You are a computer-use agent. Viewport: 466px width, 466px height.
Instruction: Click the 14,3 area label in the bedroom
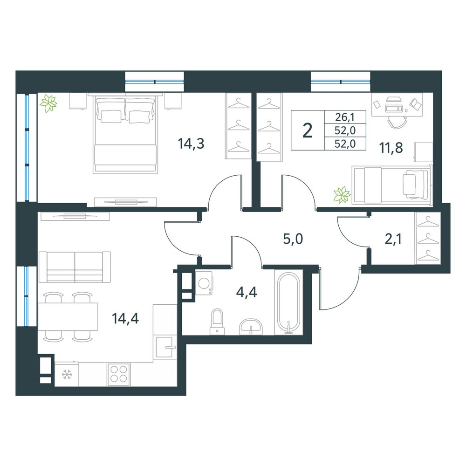click(x=191, y=144)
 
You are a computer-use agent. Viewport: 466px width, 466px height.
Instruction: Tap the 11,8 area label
click(x=391, y=147)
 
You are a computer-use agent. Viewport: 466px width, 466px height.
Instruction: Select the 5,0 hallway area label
click(x=293, y=239)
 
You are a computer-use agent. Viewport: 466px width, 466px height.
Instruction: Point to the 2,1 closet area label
click(x=393, y=239)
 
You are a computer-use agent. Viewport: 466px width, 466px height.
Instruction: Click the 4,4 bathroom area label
click(x=247, y=292)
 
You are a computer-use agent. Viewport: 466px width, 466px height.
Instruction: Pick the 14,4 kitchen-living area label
click(x=125, y=319)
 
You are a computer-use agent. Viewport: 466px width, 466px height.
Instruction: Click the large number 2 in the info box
click(x=308, y=130)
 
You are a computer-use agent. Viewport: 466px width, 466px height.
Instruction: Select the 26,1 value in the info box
click(x=345, y=117)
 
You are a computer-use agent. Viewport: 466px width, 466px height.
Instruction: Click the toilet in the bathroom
click(x=217, y=322)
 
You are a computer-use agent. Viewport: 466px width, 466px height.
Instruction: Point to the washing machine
click(x=204, y=283)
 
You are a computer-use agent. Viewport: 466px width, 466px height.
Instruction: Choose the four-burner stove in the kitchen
click(x=118, y=374)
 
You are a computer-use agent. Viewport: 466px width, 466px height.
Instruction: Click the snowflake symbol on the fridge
click(x=67, y=375)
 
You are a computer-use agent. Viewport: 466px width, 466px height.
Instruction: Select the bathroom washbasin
click(x=251, y=327)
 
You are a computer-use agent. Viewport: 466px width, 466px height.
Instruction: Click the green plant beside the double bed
click(x=49, y=103)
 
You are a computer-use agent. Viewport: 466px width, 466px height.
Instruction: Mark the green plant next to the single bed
click(x=342, y=195)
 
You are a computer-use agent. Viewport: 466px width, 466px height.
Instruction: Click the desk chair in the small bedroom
click(x=397, y=122)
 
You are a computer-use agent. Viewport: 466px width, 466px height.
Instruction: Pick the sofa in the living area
click(x=75, y=267)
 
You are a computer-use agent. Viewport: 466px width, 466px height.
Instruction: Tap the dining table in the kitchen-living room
click(x=68, y=317)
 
